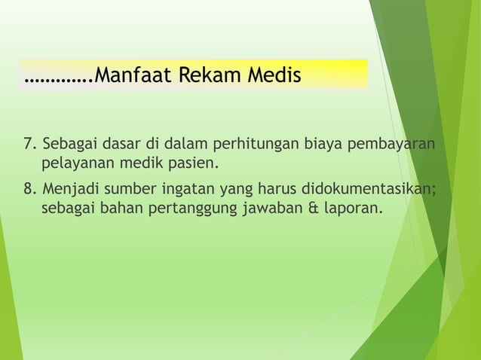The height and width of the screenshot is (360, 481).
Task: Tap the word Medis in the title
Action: click(x=272, y=76)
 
